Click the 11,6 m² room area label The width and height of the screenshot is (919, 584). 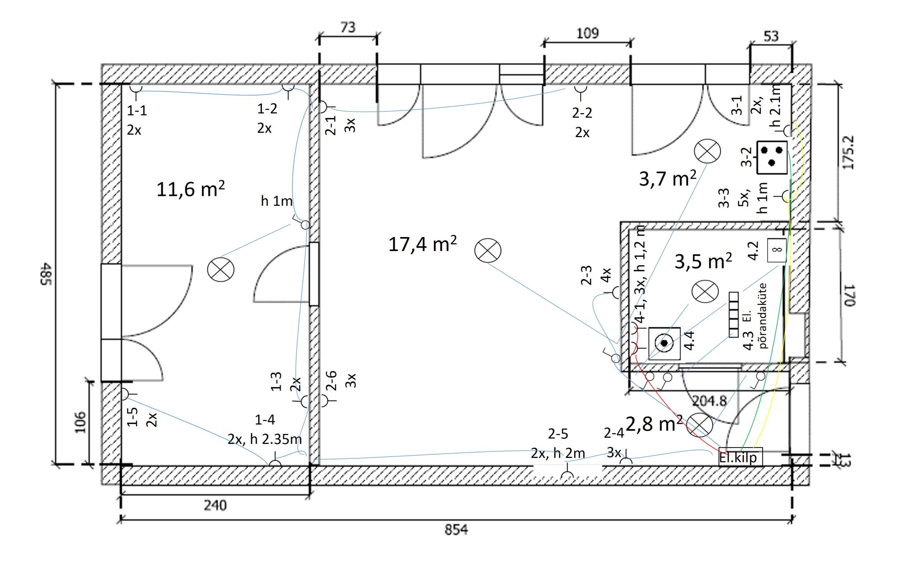[190, 189]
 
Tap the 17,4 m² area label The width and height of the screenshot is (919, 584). [422, 244]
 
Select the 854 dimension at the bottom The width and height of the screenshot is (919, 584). [456, 530]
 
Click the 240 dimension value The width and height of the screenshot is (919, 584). [215, 505]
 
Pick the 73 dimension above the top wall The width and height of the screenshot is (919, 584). [348, 28]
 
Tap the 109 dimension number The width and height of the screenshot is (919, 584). [587, 33]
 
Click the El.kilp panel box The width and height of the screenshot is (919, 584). [740, 457]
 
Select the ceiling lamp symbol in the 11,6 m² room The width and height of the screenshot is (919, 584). [221, 270]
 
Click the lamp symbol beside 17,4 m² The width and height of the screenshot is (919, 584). [488, 251]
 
